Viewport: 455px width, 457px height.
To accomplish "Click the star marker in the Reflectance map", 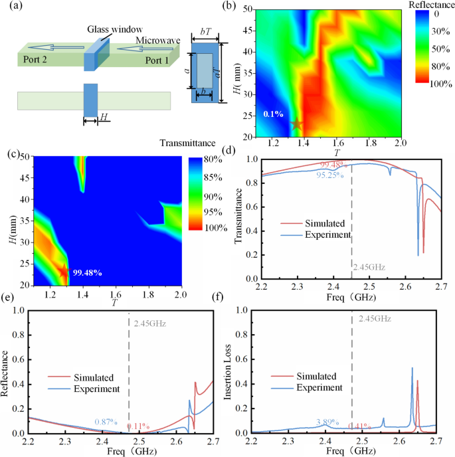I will tap(297, 124).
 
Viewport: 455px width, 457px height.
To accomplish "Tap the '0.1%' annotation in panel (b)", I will tap(273, 114).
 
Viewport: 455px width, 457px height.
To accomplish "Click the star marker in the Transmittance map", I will tap(64, 270).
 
